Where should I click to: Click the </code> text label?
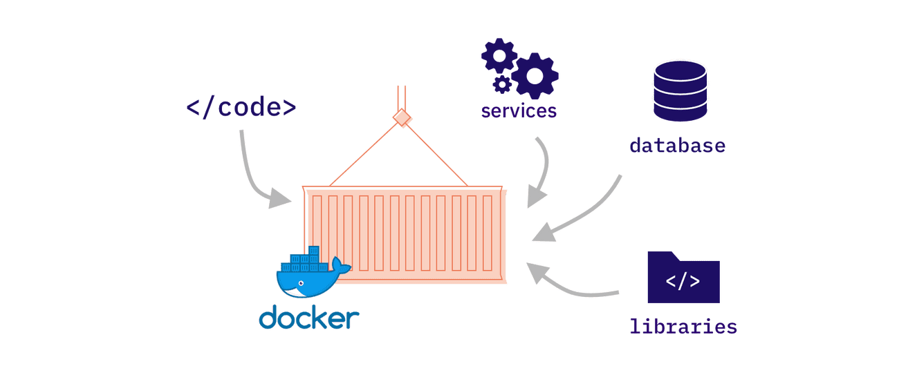[x=241, y=108]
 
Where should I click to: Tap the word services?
[x=519, y=110]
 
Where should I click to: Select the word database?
[x=677, y=146]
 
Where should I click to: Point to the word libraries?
[x=683, y=325]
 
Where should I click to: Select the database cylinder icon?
[x=679, y=90]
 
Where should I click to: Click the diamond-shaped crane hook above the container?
[x=401, y=119]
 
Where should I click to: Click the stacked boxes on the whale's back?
[x=305, y=260]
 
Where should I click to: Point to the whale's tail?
[x=340, y=265]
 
